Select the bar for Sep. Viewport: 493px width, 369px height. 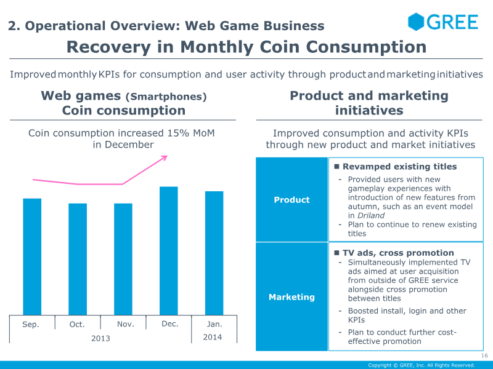coord(32,256)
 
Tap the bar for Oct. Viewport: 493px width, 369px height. coord(78,259)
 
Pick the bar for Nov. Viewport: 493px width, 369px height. coord(123,259)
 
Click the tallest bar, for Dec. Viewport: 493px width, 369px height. coord(169,251)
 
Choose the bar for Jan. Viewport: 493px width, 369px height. coord(214,253)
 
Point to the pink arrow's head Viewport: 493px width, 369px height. coord(165,158)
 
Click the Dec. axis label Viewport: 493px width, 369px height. coord(169,323)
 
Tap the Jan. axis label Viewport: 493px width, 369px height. coord(214,323)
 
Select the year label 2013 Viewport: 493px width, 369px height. coord(100,338)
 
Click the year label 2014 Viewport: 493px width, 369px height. coord(213,337)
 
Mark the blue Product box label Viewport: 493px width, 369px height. coord(291,200)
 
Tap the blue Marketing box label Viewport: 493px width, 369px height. coord(291,297)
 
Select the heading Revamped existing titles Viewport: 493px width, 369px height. coord(399,167)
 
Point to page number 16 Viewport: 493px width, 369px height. coord(484,356)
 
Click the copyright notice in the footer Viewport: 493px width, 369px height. coord(422,365)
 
